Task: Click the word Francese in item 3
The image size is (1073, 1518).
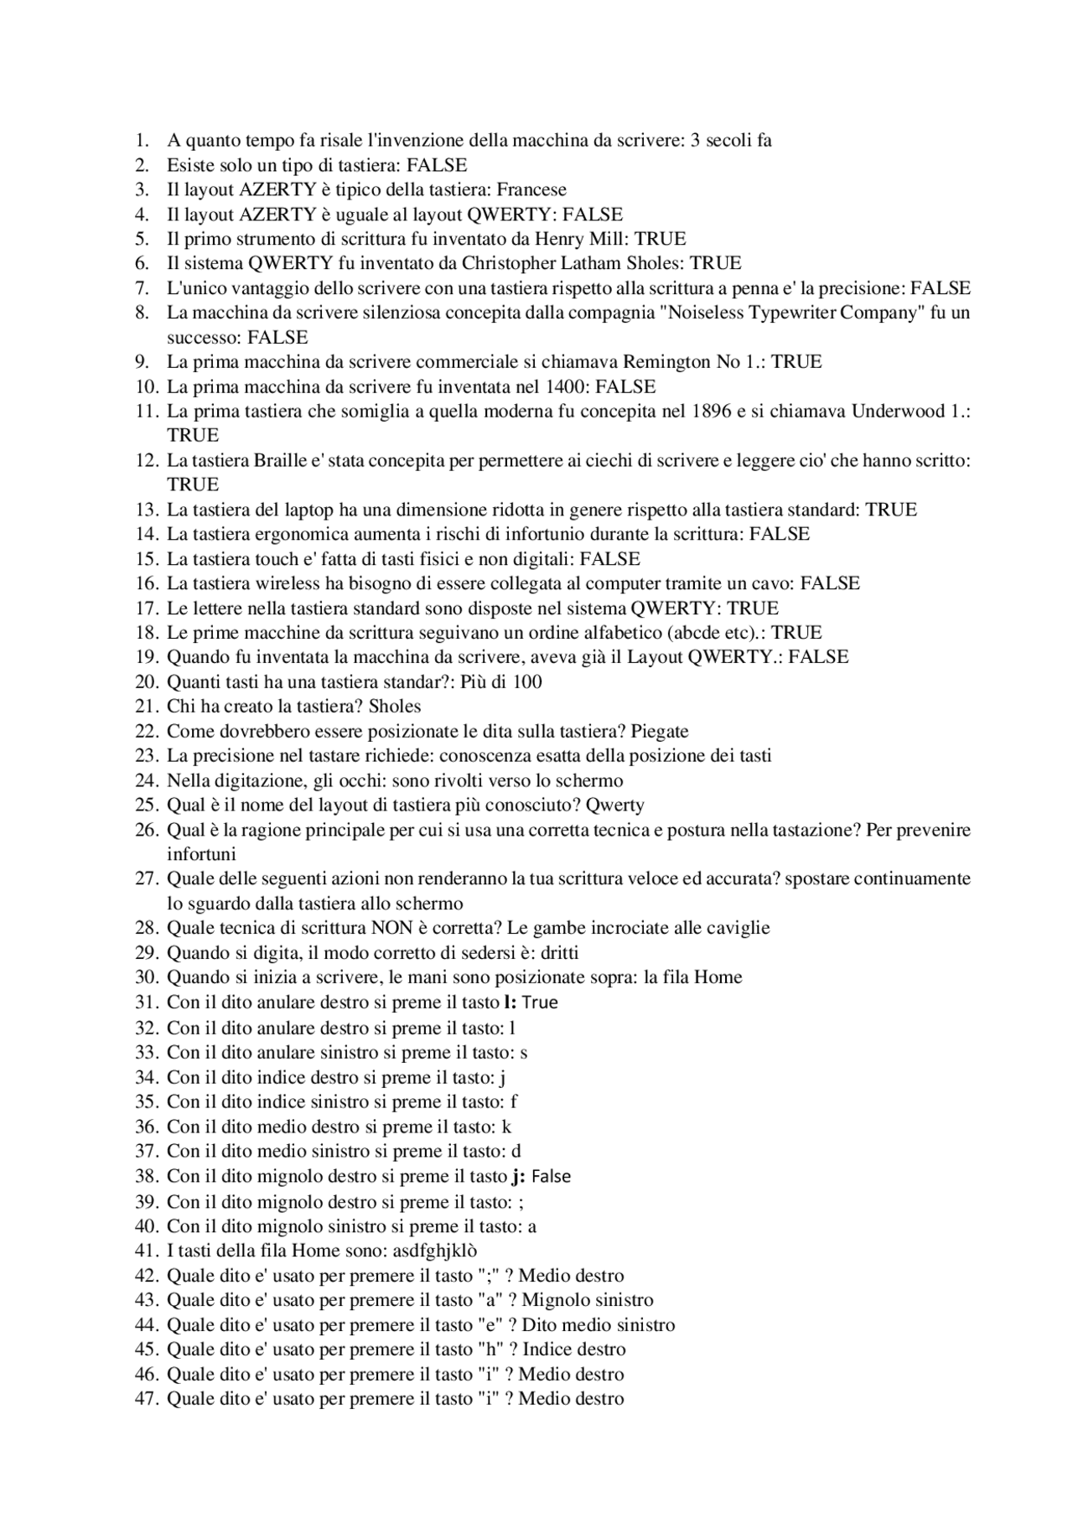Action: tap(531, 189)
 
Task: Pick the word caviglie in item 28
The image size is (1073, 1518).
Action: tap(737, 928)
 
